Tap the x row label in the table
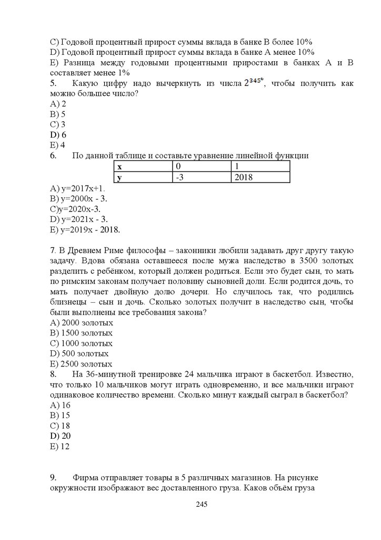pos(119,167)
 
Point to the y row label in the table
pos(119,178)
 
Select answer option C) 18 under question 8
pos(60,426)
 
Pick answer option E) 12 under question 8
pos(60,446)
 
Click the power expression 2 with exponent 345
pos(253,83)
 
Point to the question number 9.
pos(53,477)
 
